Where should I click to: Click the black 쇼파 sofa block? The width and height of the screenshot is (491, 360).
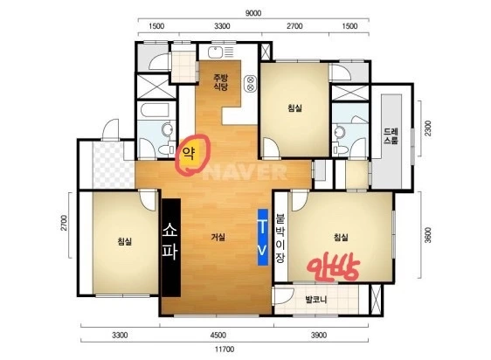tap(171, 247)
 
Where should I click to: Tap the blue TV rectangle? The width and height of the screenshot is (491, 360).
tap(263, 237)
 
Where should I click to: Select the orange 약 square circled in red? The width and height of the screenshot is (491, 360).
tap(189, 154)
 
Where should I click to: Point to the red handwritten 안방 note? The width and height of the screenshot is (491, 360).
tap(333, 266)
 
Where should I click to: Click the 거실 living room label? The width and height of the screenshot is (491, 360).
tap(218, 237)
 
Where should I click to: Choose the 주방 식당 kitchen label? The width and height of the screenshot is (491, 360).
tap(221, 82)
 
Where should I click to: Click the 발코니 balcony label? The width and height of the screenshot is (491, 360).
tap(316, 300)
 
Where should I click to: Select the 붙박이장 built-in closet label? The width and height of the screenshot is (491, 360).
tap(280, 239)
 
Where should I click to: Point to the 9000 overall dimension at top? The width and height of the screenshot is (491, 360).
tap(253, 13)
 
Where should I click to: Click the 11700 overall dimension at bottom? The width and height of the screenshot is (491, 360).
tap(225, 349)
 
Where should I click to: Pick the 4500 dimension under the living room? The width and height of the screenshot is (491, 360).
tap(218, 336)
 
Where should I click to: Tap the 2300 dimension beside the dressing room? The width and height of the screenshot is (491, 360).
tap(428, 128)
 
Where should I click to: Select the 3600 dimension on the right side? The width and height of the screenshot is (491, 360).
tap(428, 235)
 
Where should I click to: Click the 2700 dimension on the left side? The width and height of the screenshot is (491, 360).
tap(64, 223)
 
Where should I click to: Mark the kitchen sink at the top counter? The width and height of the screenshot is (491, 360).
tap(215, 52)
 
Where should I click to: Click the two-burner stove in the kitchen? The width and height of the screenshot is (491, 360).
tap(251, 83)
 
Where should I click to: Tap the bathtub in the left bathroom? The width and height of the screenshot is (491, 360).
tap(156, 110)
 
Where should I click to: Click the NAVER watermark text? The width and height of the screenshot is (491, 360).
tap(245, 172)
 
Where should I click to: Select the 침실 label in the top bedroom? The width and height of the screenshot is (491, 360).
tap(294, 108)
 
